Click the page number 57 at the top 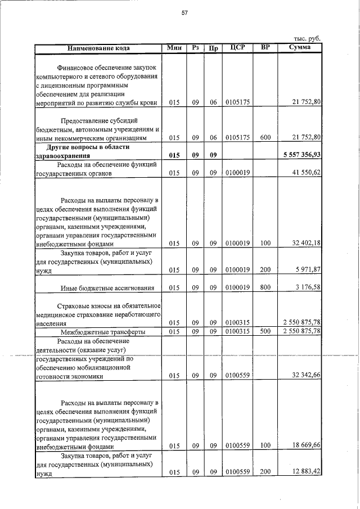tap(183, 13)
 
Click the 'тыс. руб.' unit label tap(307, 38)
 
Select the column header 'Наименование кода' tap(98, 48)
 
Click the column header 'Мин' tap(174, 48)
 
